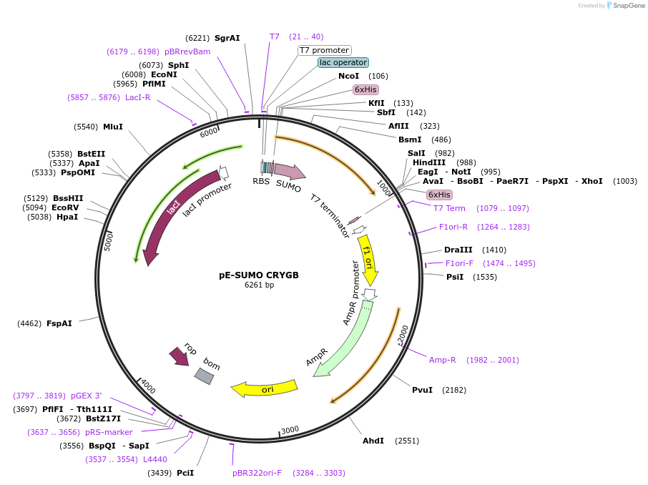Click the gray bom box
[x=204, y=376]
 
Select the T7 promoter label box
[x=325, y=50]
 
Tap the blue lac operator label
[x=343, y=62]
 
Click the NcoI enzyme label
[x=349, y=76]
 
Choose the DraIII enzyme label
[x=458, y=250]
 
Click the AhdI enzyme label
[x=373, y=441]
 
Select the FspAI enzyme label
[x=59, y=323]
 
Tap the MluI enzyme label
[x=113, y=127]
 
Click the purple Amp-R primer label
[x=443, y=360]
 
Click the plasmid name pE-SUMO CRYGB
[x=259, y=275]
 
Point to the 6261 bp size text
[x=259, y=285]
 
